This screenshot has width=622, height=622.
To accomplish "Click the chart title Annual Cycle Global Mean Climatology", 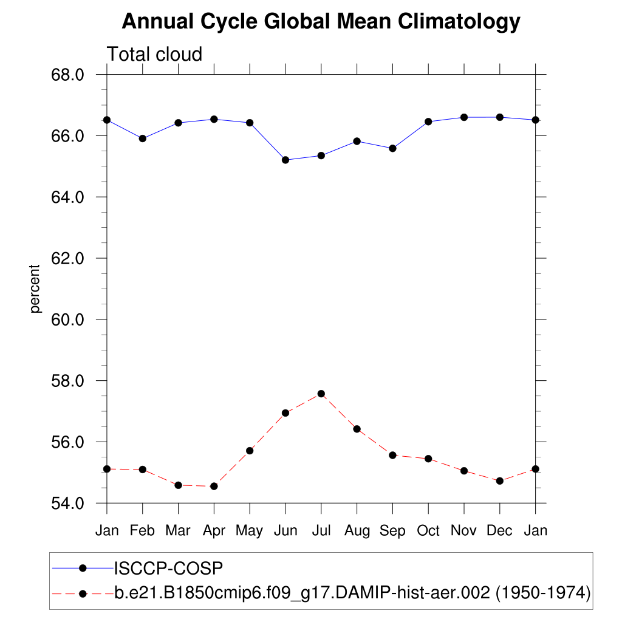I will point(321,22).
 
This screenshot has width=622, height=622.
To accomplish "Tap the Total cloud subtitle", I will point(154,55).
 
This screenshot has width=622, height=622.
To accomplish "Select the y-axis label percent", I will point(36,289).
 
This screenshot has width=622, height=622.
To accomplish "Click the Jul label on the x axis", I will point(321,531).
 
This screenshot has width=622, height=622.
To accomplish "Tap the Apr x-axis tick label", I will point(214,531).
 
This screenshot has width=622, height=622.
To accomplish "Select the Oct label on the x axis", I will point(428,531).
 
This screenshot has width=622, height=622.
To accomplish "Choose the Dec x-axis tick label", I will point(499,531).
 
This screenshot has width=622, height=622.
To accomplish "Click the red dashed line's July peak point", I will point(321,394).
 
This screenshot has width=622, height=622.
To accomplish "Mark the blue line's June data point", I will point(285,160).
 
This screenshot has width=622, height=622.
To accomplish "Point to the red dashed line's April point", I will point(214,486).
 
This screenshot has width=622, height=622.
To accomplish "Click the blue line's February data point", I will point(142,138).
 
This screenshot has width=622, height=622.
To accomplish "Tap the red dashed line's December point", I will point(499,480).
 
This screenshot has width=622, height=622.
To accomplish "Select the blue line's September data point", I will point(392,148).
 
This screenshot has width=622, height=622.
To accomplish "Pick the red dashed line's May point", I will point(250,451).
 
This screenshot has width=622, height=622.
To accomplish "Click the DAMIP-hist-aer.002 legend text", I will point(352,592).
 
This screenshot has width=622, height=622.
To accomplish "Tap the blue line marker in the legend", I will point(83,569).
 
